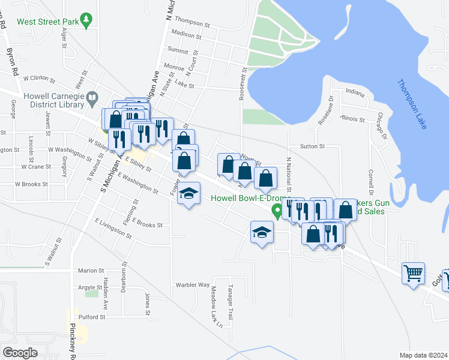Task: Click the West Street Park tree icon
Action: pos(87,20)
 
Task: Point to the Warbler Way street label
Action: pos(192,284)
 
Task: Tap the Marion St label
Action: pos(91,271)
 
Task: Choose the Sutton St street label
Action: pos(312,146)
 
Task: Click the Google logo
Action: pos(20,353)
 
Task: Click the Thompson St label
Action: pos(192,26)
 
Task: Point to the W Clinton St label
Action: pos(39,79)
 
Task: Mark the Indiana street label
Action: pos(355,93)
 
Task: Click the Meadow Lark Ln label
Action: pos(216,307)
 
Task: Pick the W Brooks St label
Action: pos(35,184)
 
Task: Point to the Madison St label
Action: pos(186,35)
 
